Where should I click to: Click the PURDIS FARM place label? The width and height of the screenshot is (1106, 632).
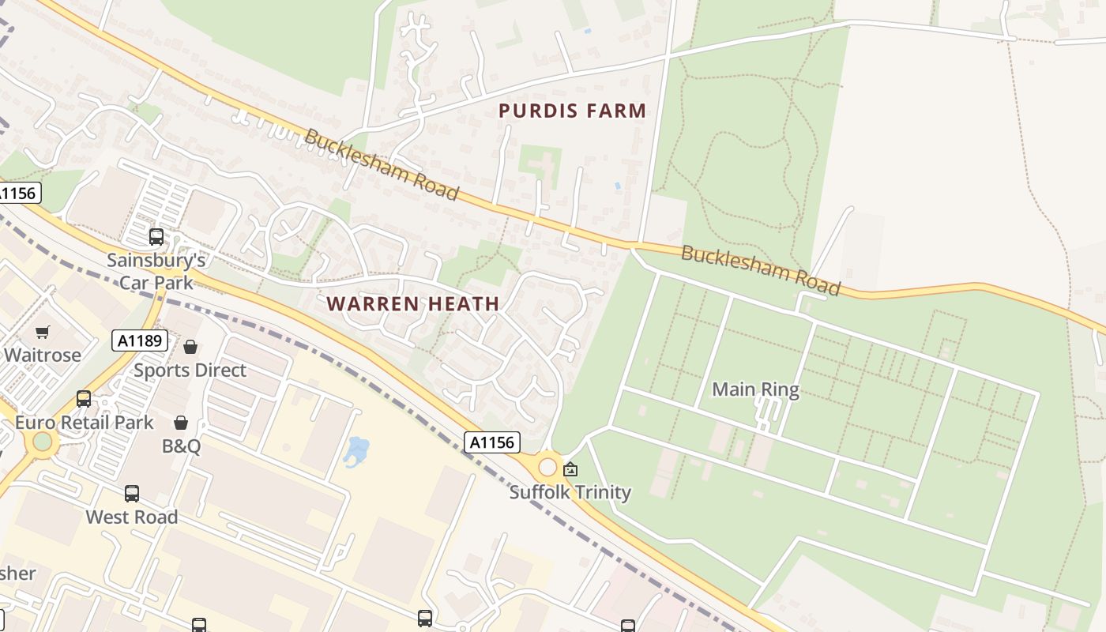[x=572, y=111]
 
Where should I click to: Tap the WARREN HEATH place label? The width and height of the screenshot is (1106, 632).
[x=412, y=303]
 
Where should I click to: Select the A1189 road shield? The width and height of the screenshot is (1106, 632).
[x=140, y=340]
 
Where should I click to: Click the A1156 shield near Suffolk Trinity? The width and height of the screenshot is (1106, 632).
[x=491, y=442]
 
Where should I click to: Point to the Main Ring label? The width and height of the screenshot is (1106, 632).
[x=755, y=389]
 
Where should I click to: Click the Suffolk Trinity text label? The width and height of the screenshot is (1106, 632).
[x=570, y=492]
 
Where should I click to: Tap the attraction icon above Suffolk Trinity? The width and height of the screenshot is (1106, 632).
[x=570, y=469]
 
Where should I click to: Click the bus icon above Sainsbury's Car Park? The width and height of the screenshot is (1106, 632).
[x=156, y=236]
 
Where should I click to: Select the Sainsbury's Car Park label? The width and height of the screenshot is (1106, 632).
[x=156, y=270]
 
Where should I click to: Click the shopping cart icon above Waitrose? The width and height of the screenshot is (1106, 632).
[x=43, y=332]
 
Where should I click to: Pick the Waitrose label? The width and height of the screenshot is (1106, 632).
[x=43, y=355]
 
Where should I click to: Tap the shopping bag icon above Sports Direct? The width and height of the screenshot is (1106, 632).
[x=190, y=347]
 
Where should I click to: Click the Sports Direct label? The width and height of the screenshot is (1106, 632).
[x=190, y=370]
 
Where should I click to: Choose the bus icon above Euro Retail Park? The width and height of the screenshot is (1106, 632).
[x=84, y=399]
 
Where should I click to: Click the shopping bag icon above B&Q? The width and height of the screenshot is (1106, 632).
[x=181, y=423]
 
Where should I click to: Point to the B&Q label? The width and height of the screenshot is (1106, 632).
[x=181, y=446]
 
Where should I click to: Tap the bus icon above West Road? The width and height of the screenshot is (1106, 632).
[x=132, y=494]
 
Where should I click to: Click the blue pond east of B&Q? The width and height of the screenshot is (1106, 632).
[x=357, y=452]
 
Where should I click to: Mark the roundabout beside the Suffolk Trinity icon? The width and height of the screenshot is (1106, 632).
[x=547, y=467]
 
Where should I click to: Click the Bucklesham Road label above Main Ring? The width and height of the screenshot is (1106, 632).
[x=760, y=270]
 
